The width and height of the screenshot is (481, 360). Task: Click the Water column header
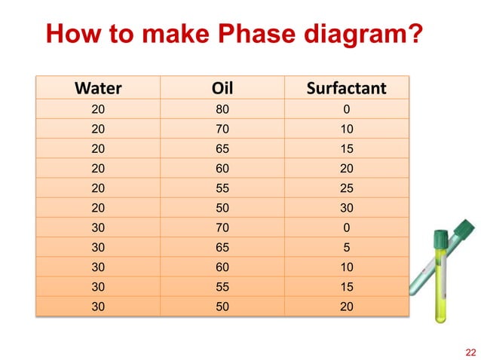coord(98,89)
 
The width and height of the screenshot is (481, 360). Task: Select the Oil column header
coord(222,89)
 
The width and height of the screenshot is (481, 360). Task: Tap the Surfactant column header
coord(346,89)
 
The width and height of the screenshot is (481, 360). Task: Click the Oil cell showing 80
coord(222,109)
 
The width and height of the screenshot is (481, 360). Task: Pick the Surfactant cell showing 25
coord(346,188)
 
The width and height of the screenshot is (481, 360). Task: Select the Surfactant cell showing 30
coord(346,208)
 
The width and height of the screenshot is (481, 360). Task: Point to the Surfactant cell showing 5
coord(346,248)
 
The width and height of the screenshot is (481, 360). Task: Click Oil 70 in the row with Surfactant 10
coord(222,129)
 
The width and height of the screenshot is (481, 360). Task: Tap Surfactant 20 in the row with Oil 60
coord(346,169)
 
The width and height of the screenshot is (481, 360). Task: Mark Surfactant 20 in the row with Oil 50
coord(346,307)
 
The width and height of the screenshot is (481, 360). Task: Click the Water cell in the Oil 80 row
coord(98,109)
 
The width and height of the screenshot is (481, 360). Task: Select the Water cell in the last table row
coord(98,307)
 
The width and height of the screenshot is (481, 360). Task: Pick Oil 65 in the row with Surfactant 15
coord(222,148)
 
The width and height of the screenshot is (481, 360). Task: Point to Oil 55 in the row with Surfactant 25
coord(222,188)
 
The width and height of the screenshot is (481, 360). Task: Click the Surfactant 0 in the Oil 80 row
coord(346,109)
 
